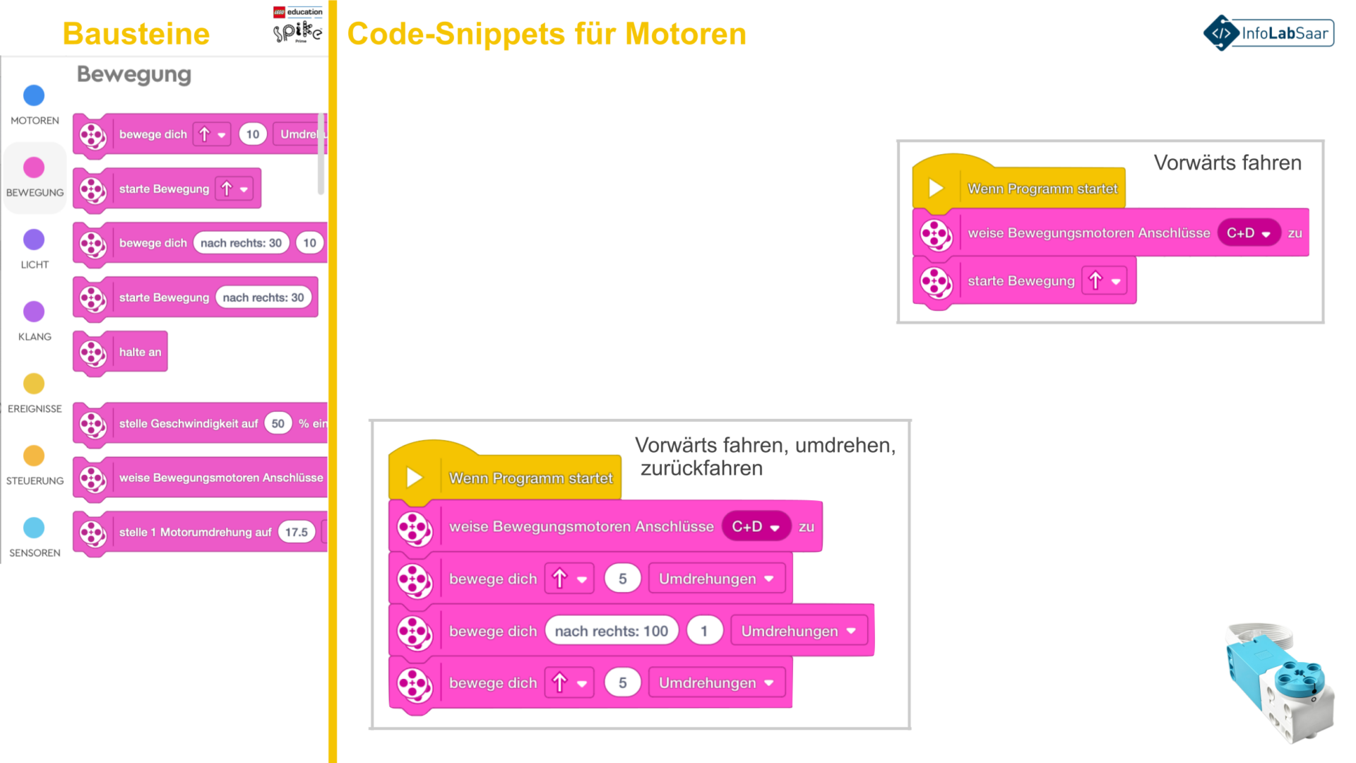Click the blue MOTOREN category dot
34,95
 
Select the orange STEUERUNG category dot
34,456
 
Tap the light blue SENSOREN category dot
34,528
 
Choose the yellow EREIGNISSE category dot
34,384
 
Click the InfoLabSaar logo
1268,33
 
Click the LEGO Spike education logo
298,25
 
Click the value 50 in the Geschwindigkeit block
278,424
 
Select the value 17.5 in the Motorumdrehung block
296,532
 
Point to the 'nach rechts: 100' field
612,631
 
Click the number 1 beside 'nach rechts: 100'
704,631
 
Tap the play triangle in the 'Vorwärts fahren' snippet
936,188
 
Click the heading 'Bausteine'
136,34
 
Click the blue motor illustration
1279,682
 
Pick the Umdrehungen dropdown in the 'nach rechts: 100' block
798,631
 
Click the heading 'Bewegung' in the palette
134,74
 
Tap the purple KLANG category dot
34,312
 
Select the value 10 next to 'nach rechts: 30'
309,243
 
